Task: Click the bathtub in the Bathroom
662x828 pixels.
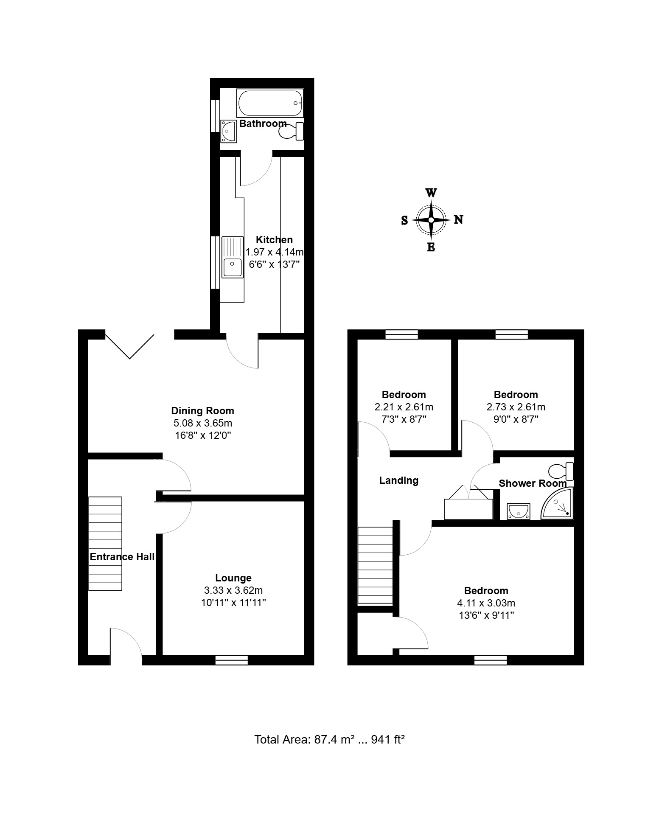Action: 270,103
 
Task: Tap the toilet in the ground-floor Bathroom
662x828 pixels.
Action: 292,132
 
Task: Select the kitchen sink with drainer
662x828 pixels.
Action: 232,258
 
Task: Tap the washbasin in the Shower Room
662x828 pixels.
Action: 519,511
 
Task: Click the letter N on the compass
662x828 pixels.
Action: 458,220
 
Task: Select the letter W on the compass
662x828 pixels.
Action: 431,193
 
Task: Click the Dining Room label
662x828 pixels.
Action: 202,411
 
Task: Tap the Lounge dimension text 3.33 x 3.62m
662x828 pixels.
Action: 233,590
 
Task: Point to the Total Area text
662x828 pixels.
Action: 329,740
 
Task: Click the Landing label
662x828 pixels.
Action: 399,480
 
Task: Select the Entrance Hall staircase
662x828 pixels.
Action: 105,544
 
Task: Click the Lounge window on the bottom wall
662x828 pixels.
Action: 232,660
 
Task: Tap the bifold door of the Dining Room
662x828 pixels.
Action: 129,346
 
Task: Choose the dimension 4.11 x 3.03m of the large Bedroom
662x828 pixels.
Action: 486,603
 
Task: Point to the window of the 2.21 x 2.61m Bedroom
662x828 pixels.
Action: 402,334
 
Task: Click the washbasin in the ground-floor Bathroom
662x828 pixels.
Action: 228,131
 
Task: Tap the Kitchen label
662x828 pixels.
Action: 275,240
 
